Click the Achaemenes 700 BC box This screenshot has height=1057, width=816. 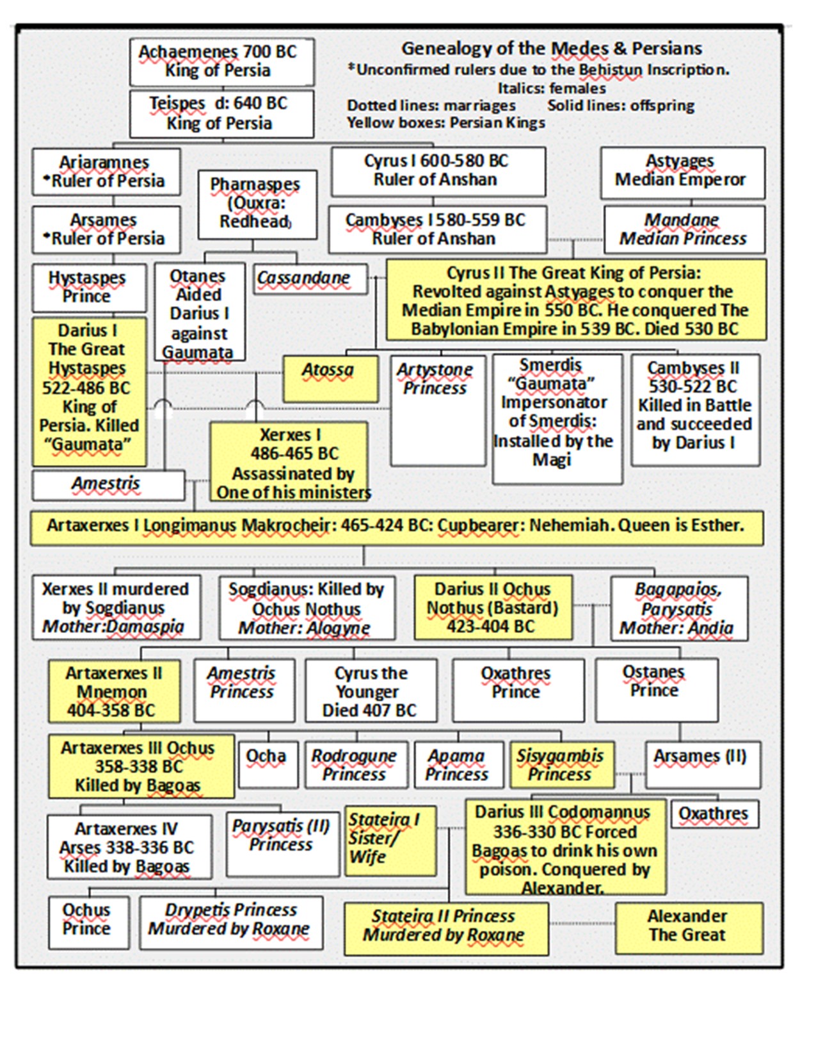coord(222,62)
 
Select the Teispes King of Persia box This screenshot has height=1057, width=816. coord(222,114)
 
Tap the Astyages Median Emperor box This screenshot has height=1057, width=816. coord(683,173)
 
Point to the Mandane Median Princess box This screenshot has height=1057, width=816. coord(685,229)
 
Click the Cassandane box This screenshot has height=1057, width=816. coord(310,279)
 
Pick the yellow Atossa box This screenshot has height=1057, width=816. coord(331,379)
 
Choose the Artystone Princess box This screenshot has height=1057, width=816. coord(438,411)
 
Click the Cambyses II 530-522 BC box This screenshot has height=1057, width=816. coord(696,410)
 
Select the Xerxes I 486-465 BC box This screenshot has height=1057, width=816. coord(289,462)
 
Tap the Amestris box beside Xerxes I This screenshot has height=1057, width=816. coord(109,485)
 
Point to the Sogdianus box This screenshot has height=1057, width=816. coord(307,607)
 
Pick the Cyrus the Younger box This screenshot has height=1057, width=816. coord(371,690)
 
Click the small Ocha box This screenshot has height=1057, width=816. coord(268,764)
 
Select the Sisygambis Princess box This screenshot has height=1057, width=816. coord(563,764)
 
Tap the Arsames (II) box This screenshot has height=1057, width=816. coord(703,764)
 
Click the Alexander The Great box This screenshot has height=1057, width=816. coord(689,928)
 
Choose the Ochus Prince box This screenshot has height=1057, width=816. coord(89,922)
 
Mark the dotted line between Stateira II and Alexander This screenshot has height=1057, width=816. coord(582,923)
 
